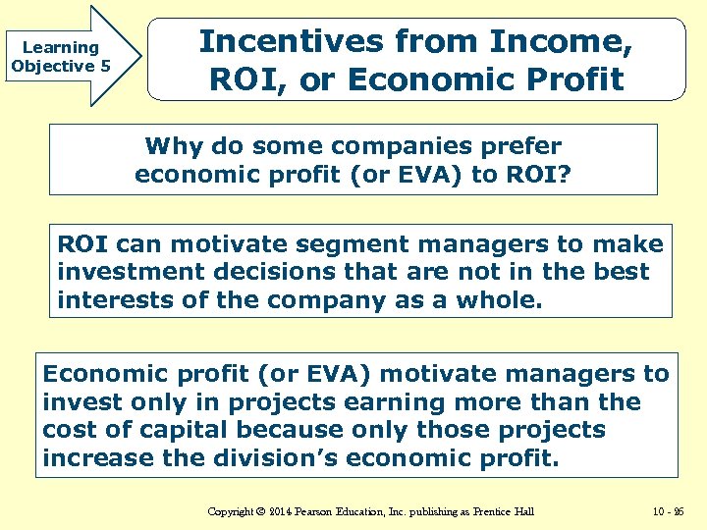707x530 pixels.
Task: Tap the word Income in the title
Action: [560, 42]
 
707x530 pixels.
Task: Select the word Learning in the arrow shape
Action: [60, 47]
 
